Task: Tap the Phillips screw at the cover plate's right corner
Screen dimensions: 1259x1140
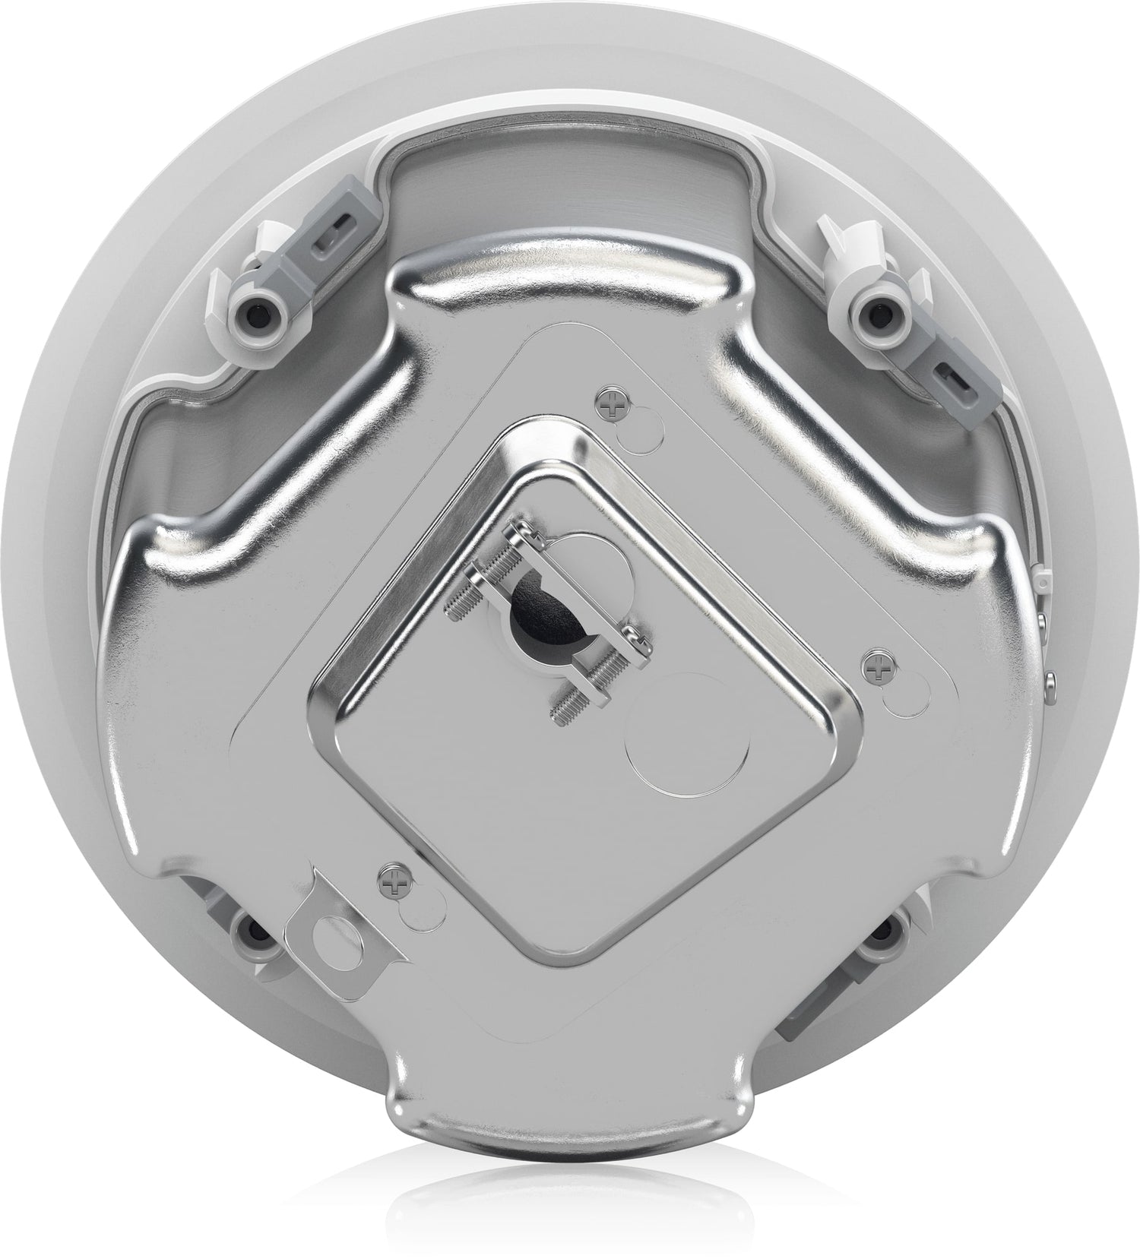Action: tap(880, 669)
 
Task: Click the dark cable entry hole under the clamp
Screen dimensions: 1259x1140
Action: tap(544, 612)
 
